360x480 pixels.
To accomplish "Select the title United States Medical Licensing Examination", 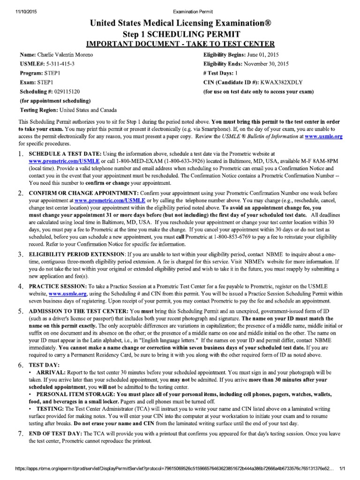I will (180, 23).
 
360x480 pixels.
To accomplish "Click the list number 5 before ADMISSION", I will (21, 312).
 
